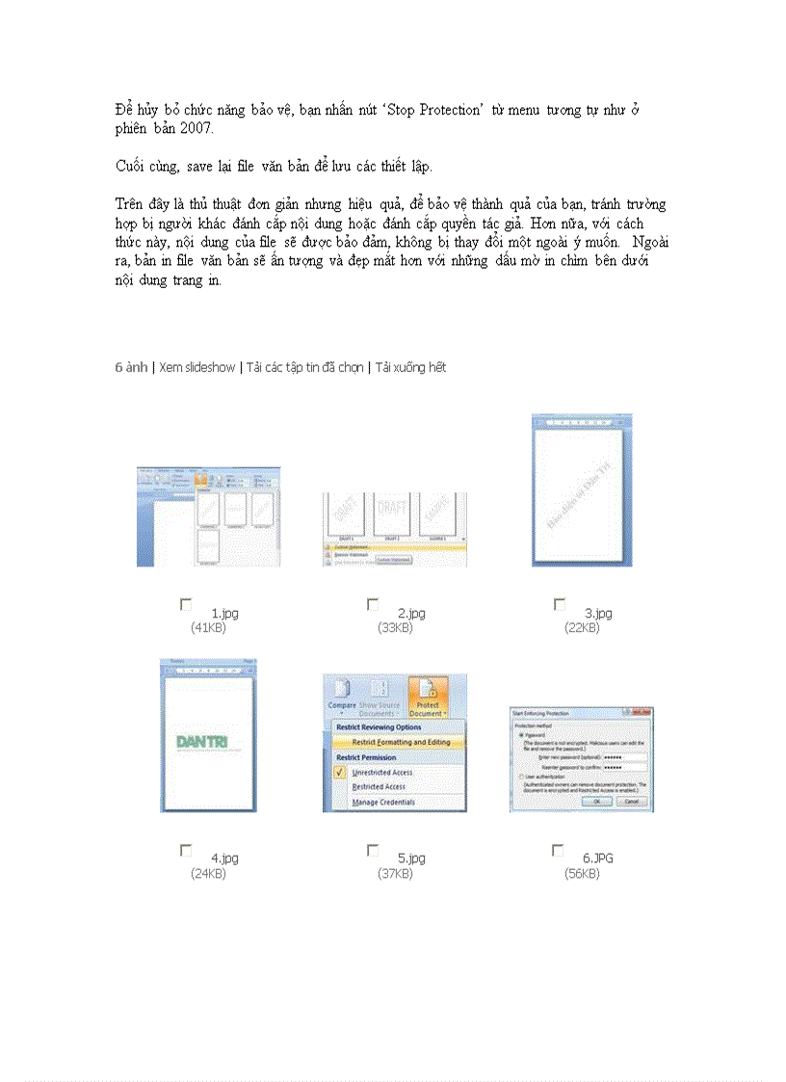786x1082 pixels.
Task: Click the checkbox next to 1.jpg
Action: (186, 605)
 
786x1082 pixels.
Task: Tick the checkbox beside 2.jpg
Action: (373, 605)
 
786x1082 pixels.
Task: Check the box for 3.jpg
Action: (560, 605)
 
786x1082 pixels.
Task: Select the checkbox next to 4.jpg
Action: (186, 851)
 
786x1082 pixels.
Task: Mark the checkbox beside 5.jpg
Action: (373, 851)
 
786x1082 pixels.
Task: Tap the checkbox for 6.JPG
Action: (558, 851)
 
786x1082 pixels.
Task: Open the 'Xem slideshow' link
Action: (196, 367)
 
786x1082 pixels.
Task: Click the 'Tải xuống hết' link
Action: (410, 367)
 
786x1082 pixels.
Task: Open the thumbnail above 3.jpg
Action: (582, 490)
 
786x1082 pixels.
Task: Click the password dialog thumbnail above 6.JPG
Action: (581, 759)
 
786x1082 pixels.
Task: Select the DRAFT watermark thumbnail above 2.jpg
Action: (395, 529)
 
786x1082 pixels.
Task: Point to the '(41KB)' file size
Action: (208, 627)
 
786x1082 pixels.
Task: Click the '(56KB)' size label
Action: (582, 873)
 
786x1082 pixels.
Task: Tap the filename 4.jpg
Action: (224, 858)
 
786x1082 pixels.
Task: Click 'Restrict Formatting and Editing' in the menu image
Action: (400, 743)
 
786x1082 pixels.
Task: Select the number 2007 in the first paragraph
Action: (197, 128)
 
